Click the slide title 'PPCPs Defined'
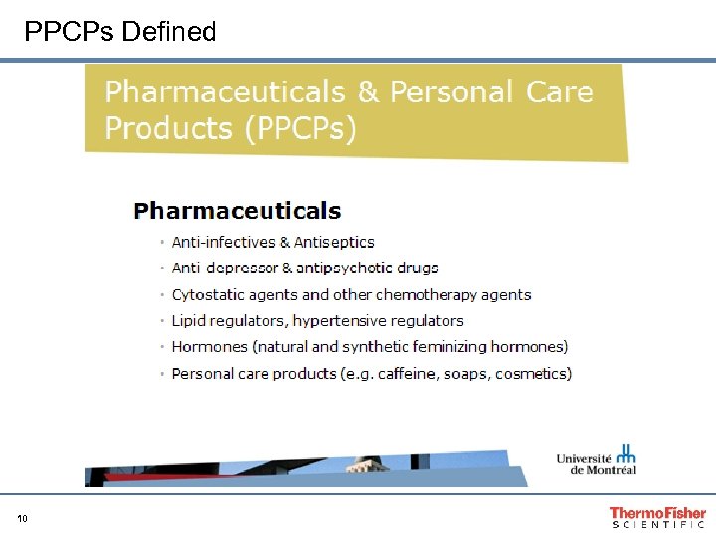pos(120,32)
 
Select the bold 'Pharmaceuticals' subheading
pos(238,211)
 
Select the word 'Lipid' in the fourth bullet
pos(189,320)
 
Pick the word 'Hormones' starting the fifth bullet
pos(209,347)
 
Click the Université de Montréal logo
pos(597,460)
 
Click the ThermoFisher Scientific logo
pos(657,517)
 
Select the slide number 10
pos(22,518)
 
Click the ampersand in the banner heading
pos(368,92)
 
